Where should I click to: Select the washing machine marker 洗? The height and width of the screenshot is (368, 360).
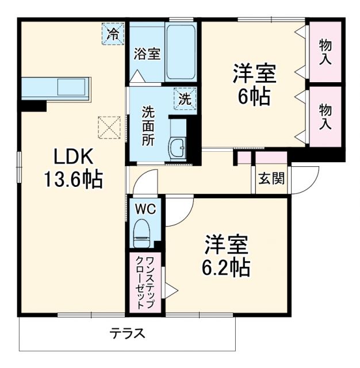pos(185,98)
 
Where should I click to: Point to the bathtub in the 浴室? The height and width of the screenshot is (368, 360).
pos(181,52)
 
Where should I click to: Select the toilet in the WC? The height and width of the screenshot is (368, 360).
pos(141,233)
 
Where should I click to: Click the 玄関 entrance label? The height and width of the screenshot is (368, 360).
pos(270,179)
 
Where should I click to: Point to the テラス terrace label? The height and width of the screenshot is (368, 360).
pos(128,333)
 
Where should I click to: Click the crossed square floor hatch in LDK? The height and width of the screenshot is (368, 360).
pos(108,126)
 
